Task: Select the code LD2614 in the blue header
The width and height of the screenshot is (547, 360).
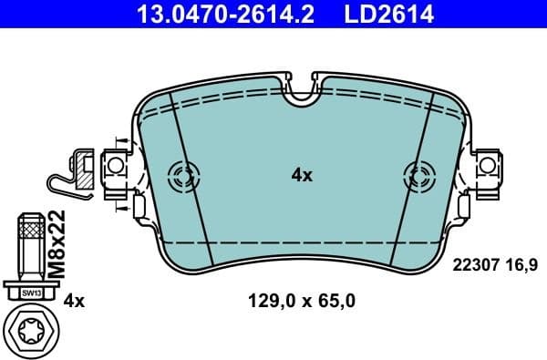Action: [390, 15]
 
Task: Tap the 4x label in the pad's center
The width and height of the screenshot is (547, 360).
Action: [302, 175]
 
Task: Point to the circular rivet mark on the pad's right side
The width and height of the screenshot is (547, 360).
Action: [418, 175]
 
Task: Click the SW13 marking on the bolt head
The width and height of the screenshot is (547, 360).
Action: [30, 293]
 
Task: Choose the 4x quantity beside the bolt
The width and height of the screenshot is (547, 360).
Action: [74, 300]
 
